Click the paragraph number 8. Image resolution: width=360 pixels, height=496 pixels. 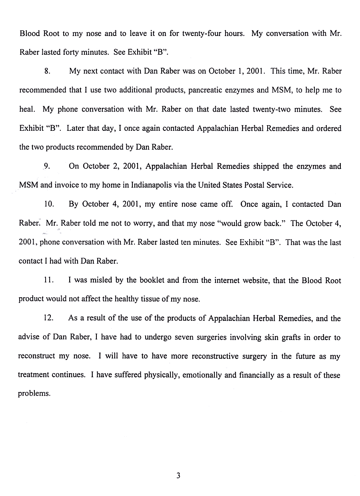click(x=46, y=72)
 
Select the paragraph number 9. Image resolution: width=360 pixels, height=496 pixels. click(x=46, y=166)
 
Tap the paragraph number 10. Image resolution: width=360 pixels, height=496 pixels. click(x=48, y=204)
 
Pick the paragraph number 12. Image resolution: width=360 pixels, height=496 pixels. click(x=48, y=318)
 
